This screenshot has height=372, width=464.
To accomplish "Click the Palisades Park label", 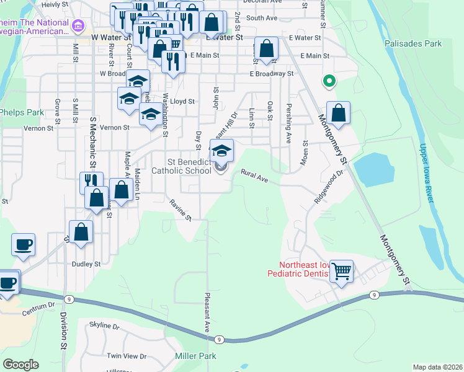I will [x=413, y=44].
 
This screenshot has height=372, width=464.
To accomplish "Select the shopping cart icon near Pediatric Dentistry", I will [x=341, y=271].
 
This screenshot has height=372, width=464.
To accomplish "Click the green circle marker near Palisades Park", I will [x=329, y=81].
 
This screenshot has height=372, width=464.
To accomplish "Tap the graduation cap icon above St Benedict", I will [x=221, y=149].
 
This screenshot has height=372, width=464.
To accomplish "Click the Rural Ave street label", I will [x=254, y=176].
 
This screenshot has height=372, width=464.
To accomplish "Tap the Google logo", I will [x=20, y=364].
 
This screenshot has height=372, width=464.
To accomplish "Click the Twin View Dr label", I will [x=127, y=356].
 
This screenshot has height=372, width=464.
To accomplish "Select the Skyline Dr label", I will [x=104, y=325].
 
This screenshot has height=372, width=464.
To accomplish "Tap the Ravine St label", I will [x=181, y=210].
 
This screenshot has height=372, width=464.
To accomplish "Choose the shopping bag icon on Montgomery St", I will [x=338, y=113].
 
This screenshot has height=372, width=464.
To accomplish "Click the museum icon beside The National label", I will [x=78, y=25].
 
